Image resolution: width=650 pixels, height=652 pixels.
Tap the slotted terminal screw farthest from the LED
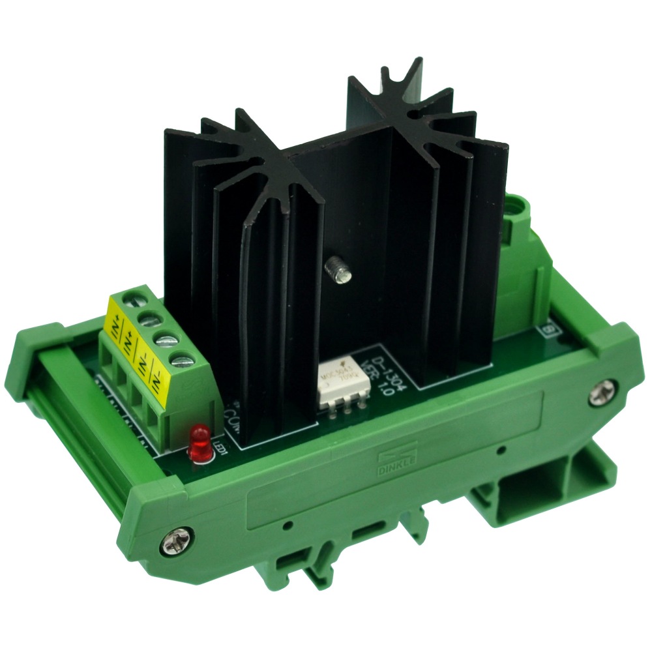coord(132,302)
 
